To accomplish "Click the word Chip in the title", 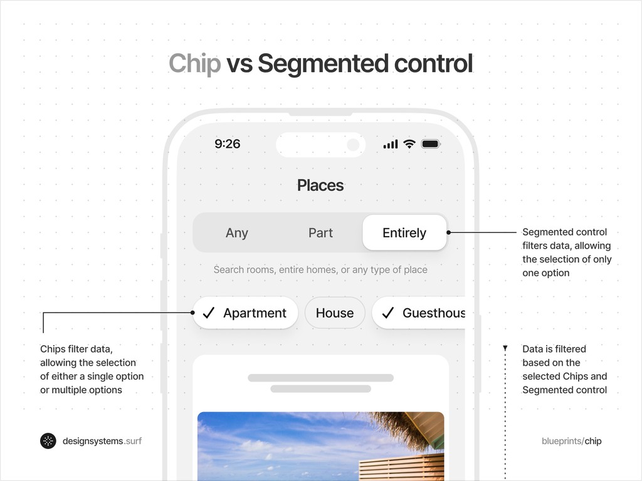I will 194,64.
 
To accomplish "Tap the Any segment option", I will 237,233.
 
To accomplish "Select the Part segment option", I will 320,233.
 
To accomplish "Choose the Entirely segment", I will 404,233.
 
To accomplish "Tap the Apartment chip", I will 245,313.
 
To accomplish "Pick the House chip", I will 335,313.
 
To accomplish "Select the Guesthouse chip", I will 420,313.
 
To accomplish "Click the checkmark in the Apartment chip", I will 209,313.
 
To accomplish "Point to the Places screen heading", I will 320,185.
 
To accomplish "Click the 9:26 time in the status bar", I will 227,144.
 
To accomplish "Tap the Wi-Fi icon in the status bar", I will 409,144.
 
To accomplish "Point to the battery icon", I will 431,144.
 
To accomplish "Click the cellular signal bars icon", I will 391,145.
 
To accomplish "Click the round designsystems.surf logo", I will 48,441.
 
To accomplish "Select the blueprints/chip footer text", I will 571,441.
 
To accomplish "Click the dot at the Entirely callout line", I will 449,232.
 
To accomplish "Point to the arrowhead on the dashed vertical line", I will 505,348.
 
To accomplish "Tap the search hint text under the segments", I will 320,270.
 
